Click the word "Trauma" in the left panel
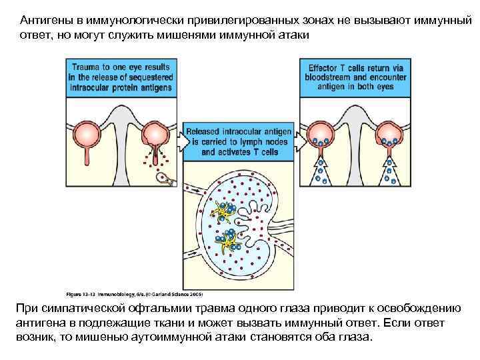tap(87, 67)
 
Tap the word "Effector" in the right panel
tap(327, 67)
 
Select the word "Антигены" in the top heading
tap(43, 19)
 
